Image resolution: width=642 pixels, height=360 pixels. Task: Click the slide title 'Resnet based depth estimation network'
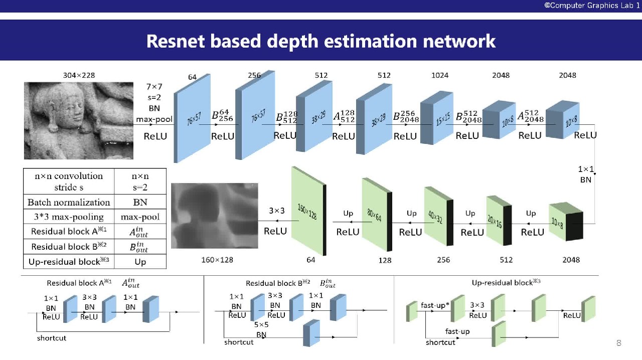pyautogui.click(x=321, y=41)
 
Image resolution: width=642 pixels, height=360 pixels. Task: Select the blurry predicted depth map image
pyautogui.click(x=215, y=216)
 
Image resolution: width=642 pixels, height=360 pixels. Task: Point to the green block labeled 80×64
pyautogui.click(x=376, y=216)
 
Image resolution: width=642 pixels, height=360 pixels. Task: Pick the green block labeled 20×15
pyautogui.click(x=498, y=221)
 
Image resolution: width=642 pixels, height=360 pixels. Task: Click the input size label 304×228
pyautogui.click(x=79, y=75)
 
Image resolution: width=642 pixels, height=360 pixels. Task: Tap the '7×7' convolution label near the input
pyautogui.click(x=154, y=87)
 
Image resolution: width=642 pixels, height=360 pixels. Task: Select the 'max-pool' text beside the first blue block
pyautogui.click(x=154, y=119)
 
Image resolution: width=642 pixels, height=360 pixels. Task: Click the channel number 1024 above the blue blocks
pyautogui.click(x=440, y=75)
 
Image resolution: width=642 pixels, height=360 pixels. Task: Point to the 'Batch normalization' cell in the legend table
pyautogui.click(x=69, y=203)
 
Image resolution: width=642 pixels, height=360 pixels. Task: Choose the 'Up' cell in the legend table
pyautogui.click(x=140, y=262)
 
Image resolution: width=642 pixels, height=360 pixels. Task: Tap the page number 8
pyautogui.click(x=618, y=343)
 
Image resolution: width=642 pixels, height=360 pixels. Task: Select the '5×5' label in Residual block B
pyautogui.click(x=261, y=325)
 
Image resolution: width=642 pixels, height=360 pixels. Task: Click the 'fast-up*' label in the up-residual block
pyautogui.click(x=435, y=305)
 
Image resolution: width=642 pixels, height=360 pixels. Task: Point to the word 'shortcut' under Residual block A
pyautogui.click(x=52, y=338)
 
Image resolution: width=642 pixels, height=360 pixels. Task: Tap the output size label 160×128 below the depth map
pyautogui.click(x=217, y=260)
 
